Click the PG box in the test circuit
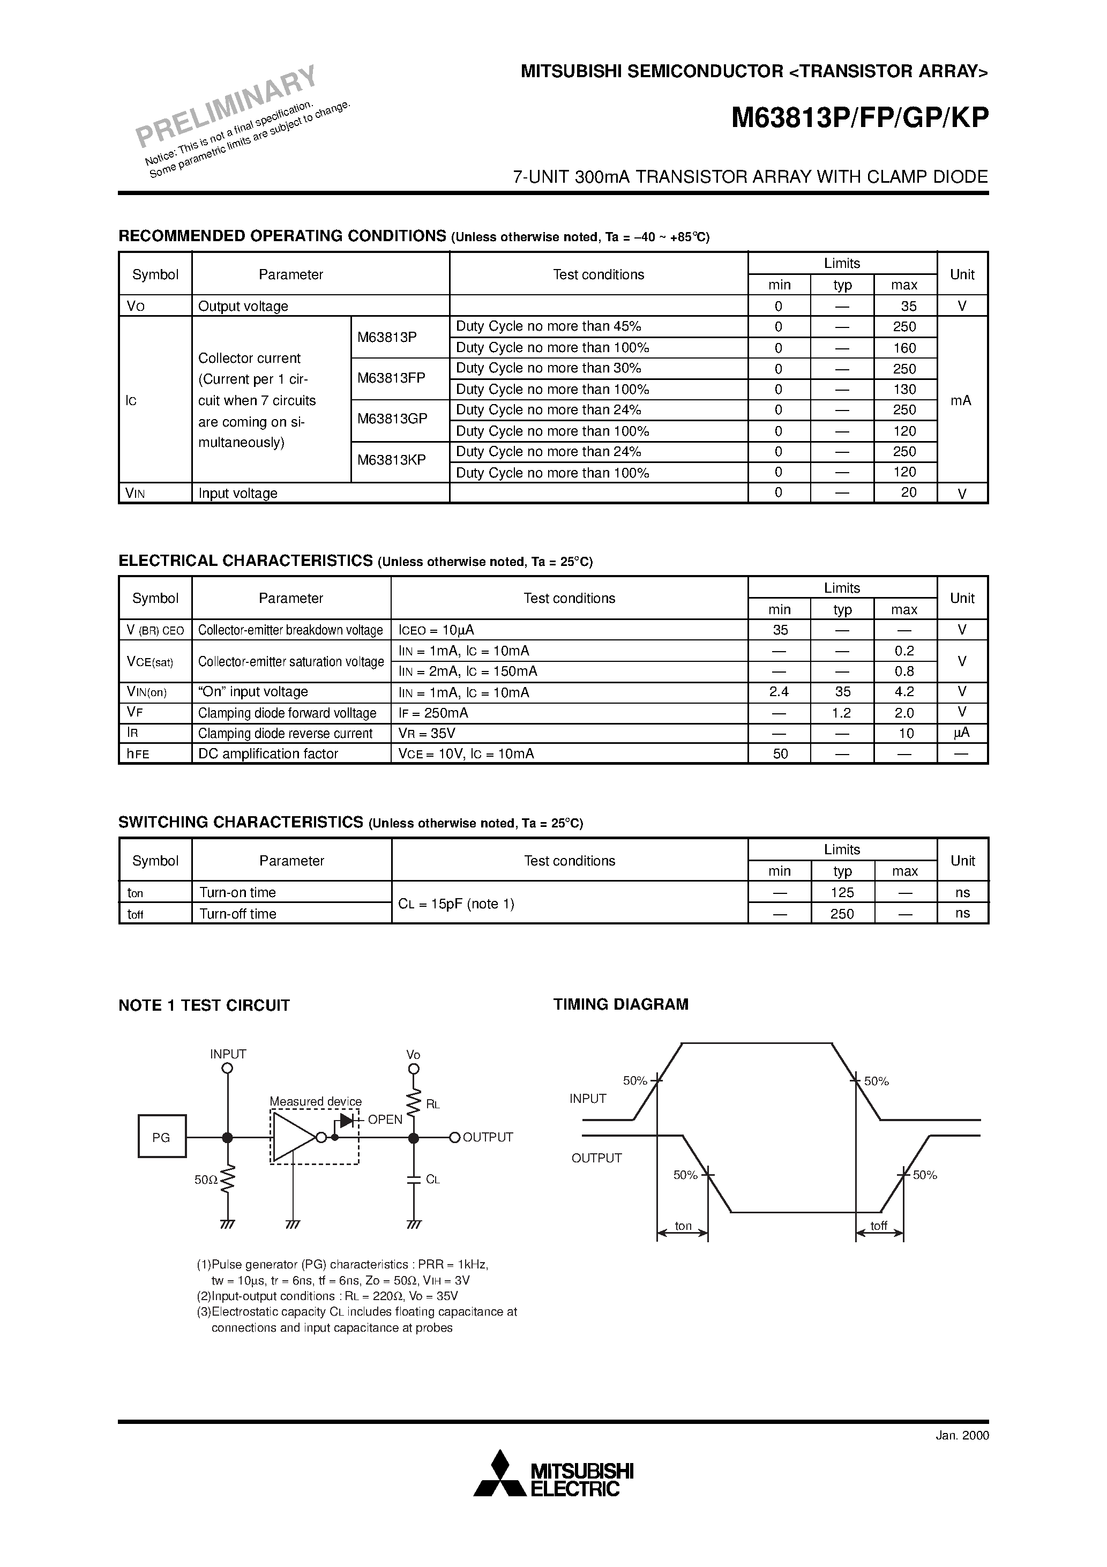pyautogui.click(x=162, y=1136)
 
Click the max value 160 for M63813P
pyautogui.click(x=904, y=348)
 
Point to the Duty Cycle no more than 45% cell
pyautogui.click(x=549, y=326)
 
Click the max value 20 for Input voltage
pyautogui.click(x=908, y=493)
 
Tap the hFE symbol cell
pyautogui.click(x=138, y=753)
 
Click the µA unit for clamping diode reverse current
pyautogui.click(x=962, y=733)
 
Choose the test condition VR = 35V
pyautogui.click(x=427, y=734)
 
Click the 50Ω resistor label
pyautogui.click(x=205, y=1180)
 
